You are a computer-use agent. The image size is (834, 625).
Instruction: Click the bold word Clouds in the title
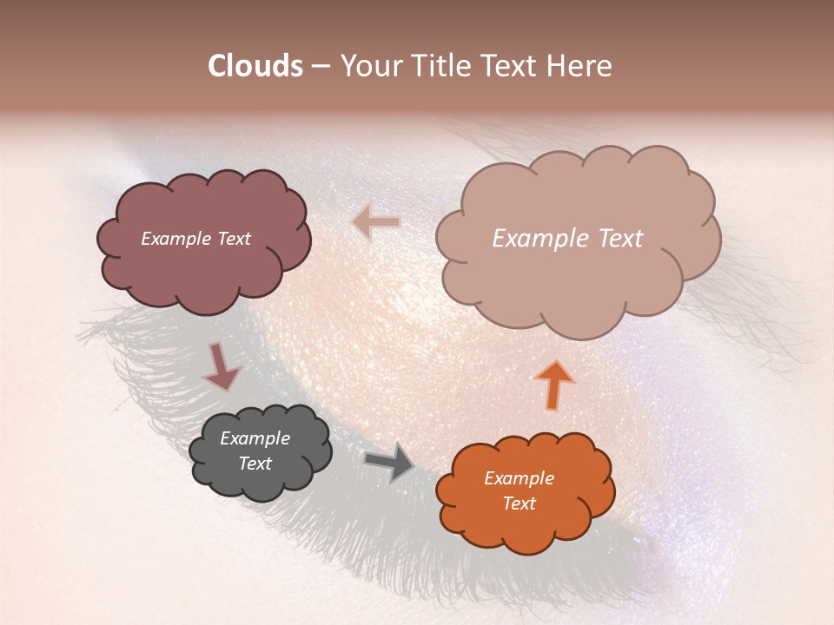(x=255, y=66)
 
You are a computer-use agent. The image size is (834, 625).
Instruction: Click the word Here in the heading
(x=581, y=66)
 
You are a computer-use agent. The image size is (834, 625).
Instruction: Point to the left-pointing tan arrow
(x=376, y=223)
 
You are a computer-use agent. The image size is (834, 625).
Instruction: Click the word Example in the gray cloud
(x=255, y=438)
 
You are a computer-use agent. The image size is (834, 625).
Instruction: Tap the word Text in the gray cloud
(x=255, y=464)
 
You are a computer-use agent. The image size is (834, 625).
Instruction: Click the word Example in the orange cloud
(x=519, y=478)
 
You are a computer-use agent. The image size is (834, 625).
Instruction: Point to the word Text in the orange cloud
(x=519, y=503)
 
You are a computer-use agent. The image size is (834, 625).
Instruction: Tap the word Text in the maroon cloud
(x=234, y=239)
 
